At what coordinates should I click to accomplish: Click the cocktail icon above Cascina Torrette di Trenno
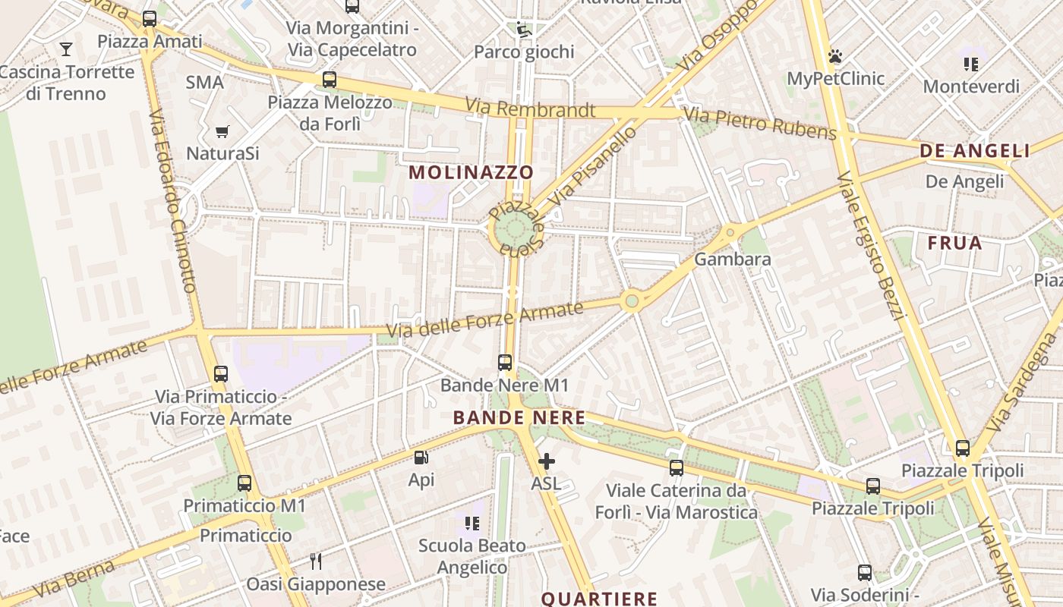66,49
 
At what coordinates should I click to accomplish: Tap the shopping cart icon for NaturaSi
222,132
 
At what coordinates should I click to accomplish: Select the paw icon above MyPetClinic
835,56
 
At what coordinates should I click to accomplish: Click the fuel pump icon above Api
421,458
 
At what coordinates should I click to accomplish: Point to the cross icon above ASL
546,461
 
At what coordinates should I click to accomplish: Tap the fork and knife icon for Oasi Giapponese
316,561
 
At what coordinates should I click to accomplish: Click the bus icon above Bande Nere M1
505,363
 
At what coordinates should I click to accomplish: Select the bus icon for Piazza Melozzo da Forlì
329,80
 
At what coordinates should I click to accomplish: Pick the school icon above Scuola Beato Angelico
472,523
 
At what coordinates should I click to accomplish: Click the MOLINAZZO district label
472,172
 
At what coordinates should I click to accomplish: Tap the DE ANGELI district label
975,151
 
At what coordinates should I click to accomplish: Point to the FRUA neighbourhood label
954,244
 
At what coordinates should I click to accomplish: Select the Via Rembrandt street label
530,109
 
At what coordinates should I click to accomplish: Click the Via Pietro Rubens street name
759,124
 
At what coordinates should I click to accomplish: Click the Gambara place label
733,259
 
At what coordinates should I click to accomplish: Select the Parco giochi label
524,52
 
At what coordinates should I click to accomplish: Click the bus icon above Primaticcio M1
244,483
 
